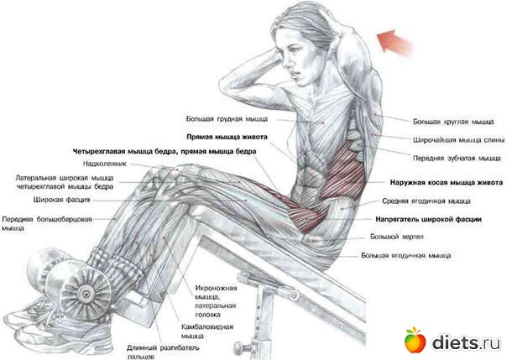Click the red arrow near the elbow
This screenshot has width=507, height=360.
pyautogui.click(x=395, y=42)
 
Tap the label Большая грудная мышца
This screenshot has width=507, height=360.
pyautogui.click(x=227, y=119)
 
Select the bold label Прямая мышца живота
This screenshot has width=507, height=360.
pyautogui.click(x=227, y=137)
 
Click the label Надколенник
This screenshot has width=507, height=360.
pyautogui.click(x=105, y=164)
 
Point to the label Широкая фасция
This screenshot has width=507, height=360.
pyautogui.click(x=62, y=200)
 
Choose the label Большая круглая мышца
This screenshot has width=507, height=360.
pyautogui.click(x=453, y=122)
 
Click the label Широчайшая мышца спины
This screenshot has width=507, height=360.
pyautogui.click(x=458, y=140)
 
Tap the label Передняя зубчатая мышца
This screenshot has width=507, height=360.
pyautogui.click(x=457, y=159)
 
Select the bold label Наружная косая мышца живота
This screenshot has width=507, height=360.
pyautogui.click(x=447, y=183)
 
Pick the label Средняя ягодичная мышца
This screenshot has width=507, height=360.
pyautogui.click(x=426, y=201)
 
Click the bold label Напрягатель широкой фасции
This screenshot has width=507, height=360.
pyautogui.click(x=428, y=219)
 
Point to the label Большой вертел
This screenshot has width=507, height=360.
pyautogui.click(x=396, y=237)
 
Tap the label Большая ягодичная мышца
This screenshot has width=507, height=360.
pyautogui.click(x=405, y=256)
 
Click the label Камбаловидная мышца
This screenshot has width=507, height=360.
pyautogui.click(x=207, y=331)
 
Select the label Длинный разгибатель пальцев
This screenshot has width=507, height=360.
pyautogui.click(x=163, y=352)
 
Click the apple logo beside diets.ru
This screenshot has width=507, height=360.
pyautogui.click(x=416, y=340)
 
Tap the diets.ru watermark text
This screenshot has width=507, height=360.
pyautogui.click(x=466, y=342)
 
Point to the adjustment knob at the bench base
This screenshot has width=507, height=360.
pyautogui.click(x=241, y=347)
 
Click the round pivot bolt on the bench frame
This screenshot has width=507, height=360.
pyautogui.click(x=293, y=295)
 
